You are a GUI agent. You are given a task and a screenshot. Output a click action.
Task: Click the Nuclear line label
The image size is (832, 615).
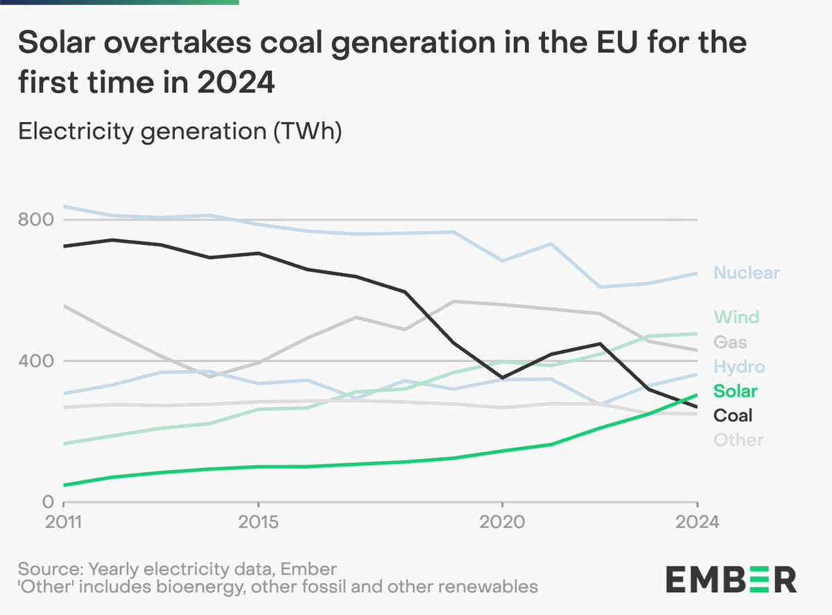click(746, 272)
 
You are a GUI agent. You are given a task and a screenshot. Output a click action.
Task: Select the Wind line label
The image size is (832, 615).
click(736, 318)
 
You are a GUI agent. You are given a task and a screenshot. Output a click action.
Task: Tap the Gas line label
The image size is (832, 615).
click(730, 342)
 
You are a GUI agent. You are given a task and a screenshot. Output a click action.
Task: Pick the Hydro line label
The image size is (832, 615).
click(739, 367)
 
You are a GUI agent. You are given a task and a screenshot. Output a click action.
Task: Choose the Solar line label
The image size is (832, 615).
click(736, 391)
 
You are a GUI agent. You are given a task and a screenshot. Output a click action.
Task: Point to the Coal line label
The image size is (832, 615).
click(733, 415)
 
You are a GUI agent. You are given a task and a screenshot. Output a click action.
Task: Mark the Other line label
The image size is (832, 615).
click(738, 440)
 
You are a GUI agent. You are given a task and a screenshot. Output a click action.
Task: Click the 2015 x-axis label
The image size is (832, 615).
click(259, 521)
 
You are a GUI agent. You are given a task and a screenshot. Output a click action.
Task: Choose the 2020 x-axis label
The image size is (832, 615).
click(502, 521)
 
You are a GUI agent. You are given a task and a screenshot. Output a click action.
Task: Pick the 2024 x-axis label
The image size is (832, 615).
click(697, 521)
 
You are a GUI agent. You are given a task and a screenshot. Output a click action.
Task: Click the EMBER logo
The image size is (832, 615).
click(731, 579)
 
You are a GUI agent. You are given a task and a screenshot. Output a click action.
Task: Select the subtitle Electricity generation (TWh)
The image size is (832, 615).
click(180, 131)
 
